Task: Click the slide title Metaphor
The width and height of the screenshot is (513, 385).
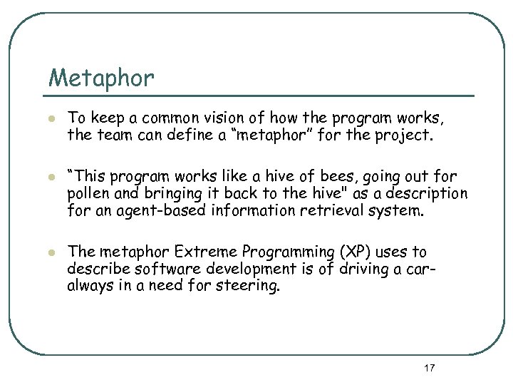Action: point(100,78)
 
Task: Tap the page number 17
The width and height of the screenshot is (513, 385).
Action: point(429,368)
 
